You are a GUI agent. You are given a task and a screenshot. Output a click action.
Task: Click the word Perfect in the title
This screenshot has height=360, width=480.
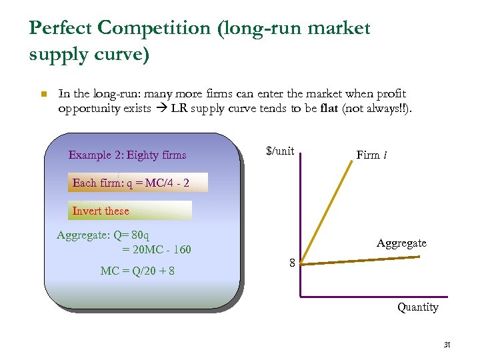[x=61, y=29]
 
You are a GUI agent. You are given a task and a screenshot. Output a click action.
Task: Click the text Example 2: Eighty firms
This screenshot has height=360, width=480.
[x=127, y=155]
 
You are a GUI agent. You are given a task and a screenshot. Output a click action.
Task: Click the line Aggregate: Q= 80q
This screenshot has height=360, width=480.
[x=103, y=235]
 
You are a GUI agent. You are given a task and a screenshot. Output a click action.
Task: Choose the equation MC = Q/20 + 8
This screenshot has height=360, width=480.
[x=138, y=271]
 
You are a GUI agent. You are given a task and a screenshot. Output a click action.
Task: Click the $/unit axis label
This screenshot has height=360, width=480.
[x=280, y=151]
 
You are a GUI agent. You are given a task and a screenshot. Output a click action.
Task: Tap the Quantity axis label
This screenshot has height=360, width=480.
[x=418, y=307]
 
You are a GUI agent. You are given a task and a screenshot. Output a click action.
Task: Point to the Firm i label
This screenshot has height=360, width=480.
[x=372, y=155]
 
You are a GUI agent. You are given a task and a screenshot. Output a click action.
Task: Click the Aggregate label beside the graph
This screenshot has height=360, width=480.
[x=401, y=243]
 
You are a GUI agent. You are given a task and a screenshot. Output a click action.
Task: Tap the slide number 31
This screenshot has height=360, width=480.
[x=447, y=345]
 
